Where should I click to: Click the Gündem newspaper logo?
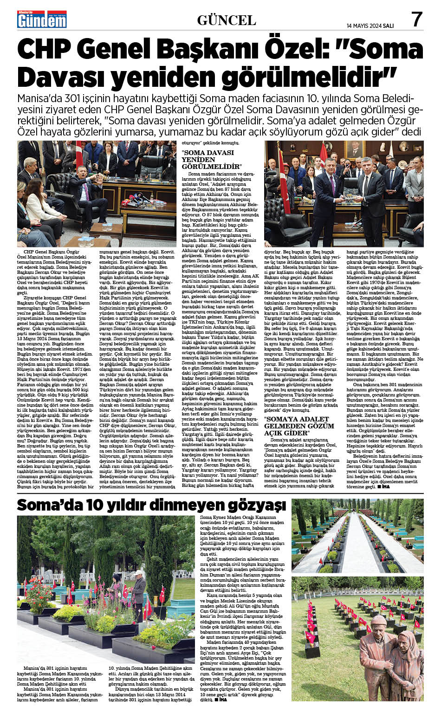click(42, 19)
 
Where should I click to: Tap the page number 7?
click(416, 19)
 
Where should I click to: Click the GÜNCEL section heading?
click(227, 20)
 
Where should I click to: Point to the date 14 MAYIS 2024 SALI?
click(370, 26)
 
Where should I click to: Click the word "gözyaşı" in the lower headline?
click(254, 505)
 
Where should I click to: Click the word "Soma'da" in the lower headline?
click(47, 505)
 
